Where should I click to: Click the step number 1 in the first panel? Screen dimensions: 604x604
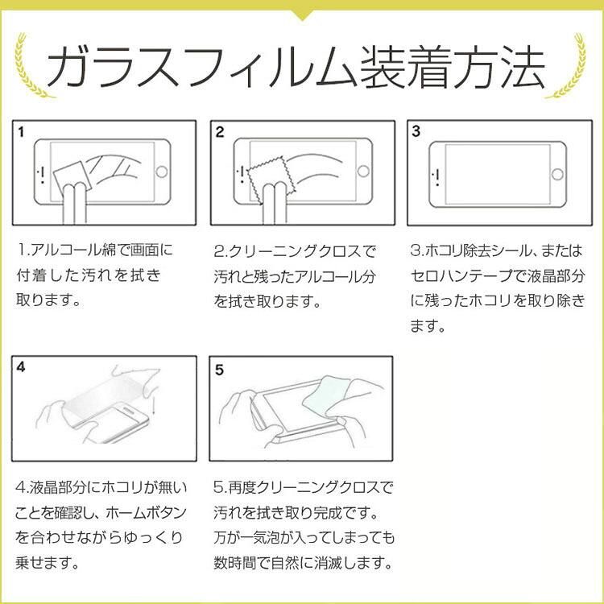coord(21,132)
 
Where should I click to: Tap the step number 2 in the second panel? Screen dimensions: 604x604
coord(220,132)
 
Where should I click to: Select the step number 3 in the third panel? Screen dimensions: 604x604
coord(416,131)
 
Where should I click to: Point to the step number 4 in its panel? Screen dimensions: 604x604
coord(21,366)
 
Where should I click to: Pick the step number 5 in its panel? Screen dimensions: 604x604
coord(219,370)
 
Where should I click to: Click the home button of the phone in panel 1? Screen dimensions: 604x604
coord(161,172)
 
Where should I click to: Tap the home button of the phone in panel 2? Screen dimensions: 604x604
coord(363,171)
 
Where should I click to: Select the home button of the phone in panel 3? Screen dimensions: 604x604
coord(557,174)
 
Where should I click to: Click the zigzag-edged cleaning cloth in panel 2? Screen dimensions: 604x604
coord(271,180)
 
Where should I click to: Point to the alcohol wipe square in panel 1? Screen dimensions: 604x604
coord(72,178)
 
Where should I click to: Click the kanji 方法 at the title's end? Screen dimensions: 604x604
coord(501,68)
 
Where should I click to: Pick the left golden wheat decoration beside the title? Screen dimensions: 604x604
coord(31,65)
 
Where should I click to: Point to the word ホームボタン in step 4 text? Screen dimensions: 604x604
coord(146,513)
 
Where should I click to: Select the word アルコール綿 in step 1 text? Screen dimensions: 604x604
coord(68,250)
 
